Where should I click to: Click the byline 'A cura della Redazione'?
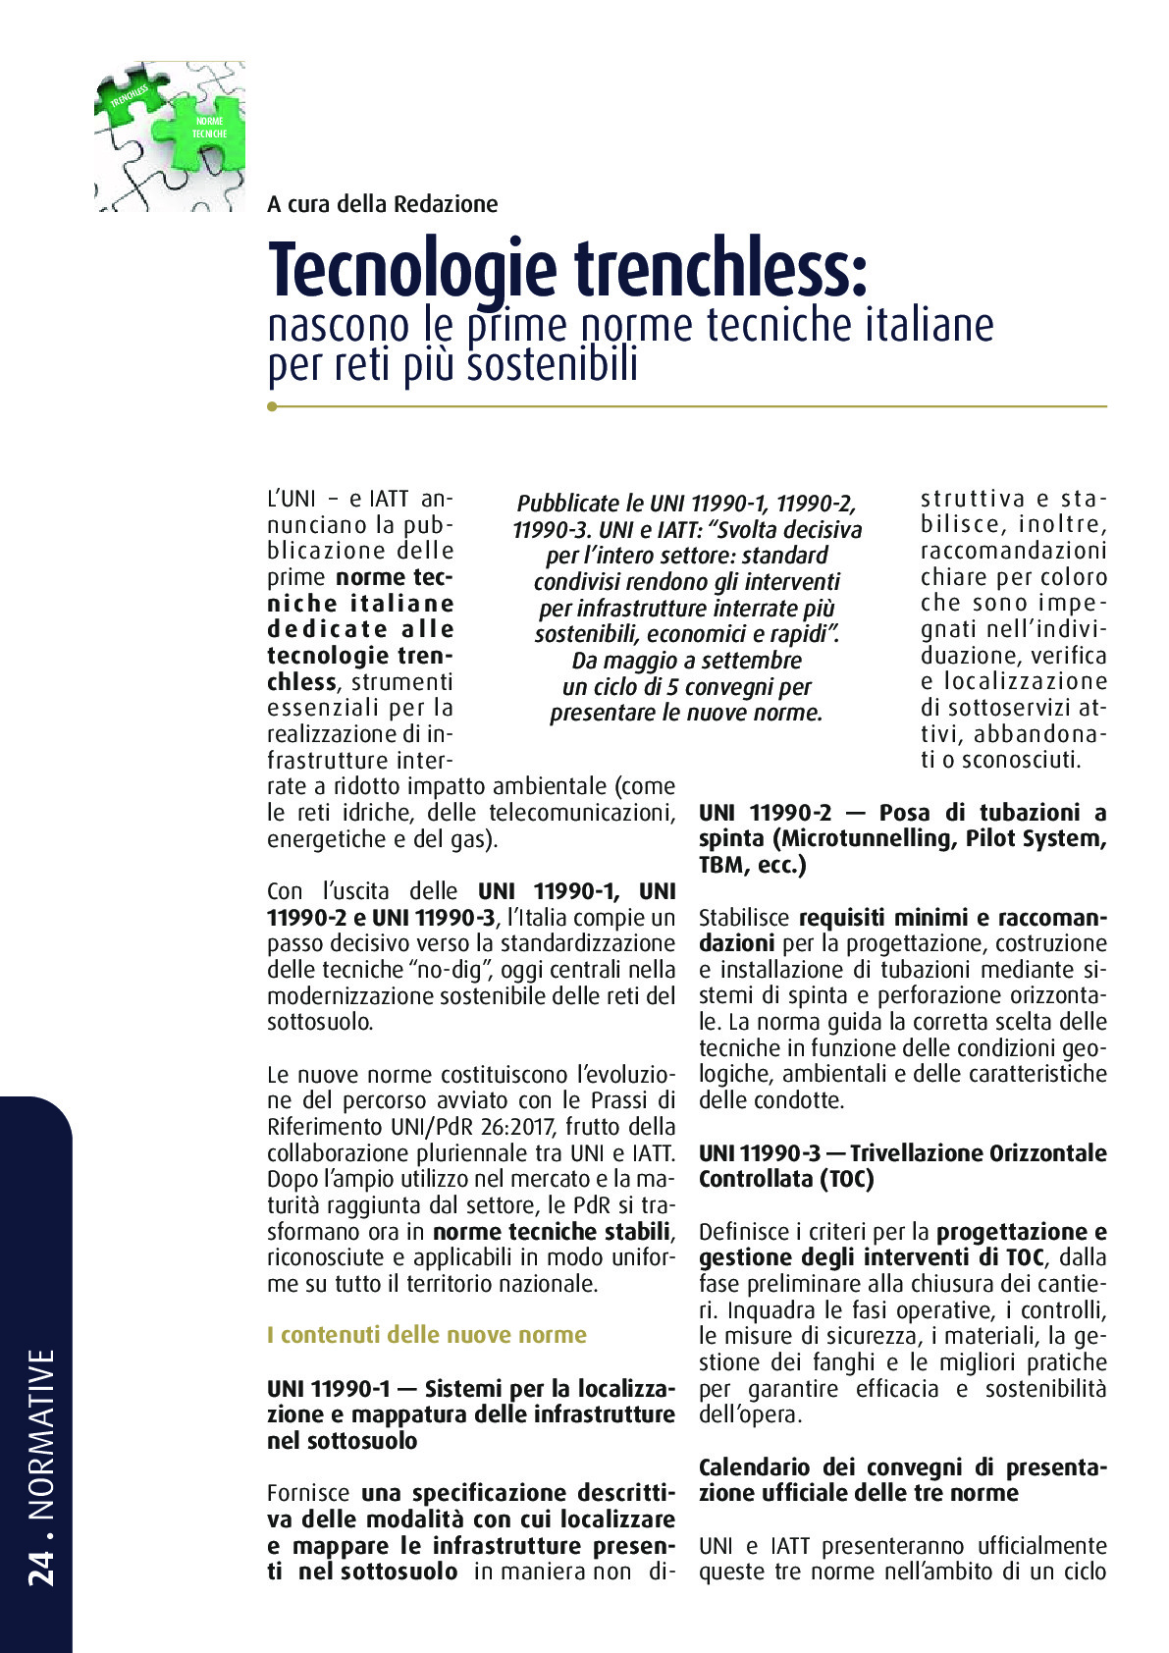click(382, 204)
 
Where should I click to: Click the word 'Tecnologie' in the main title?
click(412, 270)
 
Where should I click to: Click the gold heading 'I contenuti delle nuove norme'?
click(426, 1335)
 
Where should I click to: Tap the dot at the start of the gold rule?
click(272, 405)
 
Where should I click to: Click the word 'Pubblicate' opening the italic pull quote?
click(567, 504)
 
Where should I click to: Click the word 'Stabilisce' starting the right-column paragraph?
click(744, 918)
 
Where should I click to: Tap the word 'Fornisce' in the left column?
click(307, 1493)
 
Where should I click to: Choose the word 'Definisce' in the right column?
click(741, 1232)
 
